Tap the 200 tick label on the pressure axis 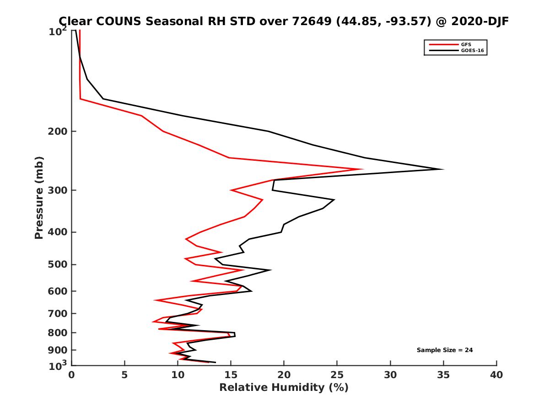56,132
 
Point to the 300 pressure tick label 56,190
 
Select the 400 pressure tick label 56,232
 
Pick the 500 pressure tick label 56,264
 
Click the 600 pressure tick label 56,291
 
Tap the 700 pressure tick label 56,313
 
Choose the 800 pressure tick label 56,332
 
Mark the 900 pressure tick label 56,350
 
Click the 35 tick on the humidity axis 443,375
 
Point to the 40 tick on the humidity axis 496,375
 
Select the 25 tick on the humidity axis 337,375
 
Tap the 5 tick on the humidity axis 124,375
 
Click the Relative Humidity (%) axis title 284,388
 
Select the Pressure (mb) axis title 39,197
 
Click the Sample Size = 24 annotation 445,350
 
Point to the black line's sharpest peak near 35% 442,169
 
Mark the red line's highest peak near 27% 362,169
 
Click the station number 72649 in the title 309,21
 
